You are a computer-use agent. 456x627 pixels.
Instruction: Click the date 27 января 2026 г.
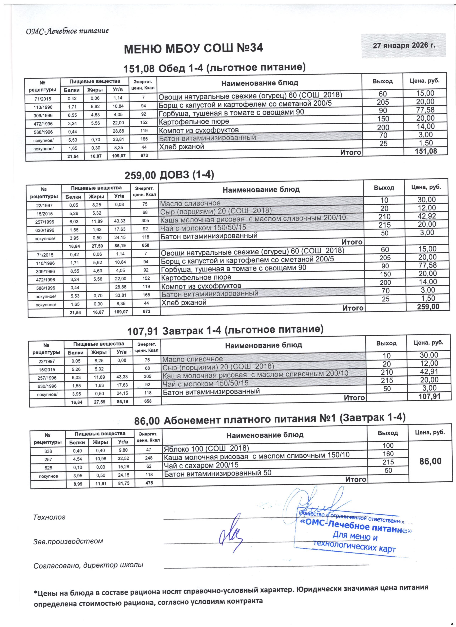(x=404, y=45)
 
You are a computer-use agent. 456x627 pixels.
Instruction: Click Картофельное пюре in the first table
(x=193, y=122)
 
